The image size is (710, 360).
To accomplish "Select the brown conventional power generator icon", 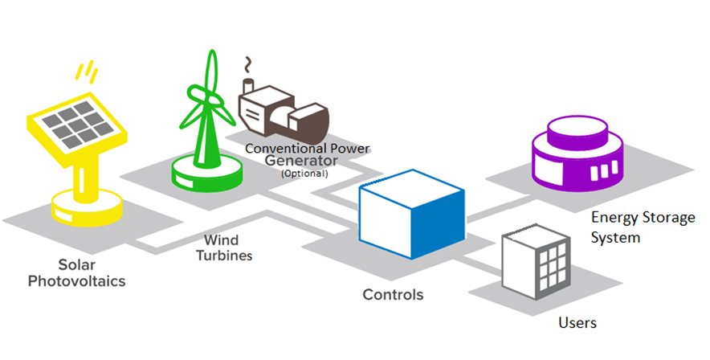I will click(285, 112).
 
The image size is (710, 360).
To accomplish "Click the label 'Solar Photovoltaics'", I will click(77, 272).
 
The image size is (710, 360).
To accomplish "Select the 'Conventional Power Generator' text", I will click(310, 154).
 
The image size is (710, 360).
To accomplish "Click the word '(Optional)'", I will click(305, 173).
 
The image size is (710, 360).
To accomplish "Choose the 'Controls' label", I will click(393, 295).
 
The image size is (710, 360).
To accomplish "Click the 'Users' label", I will click(577, 323).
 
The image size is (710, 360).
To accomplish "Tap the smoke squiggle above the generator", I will click(248, 64).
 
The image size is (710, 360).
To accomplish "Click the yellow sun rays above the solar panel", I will click(85, 72).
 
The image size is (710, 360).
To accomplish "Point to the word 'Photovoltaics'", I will click(77, 281).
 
